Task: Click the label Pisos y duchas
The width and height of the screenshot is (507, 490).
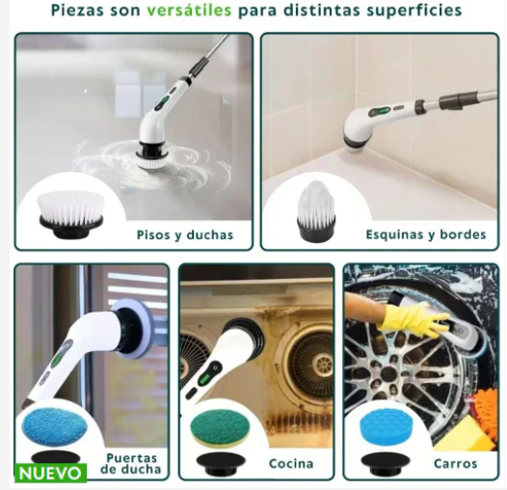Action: [x=184, y=234]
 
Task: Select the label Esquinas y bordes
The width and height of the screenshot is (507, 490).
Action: [x=425, y=234]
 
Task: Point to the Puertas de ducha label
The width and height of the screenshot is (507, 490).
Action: [x=133, y=464]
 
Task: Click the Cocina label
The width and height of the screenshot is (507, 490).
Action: [x=290, y=464]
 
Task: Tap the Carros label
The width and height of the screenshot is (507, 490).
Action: [x=455, y=464]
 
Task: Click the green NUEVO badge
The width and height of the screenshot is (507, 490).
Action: [x=50, y=474]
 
